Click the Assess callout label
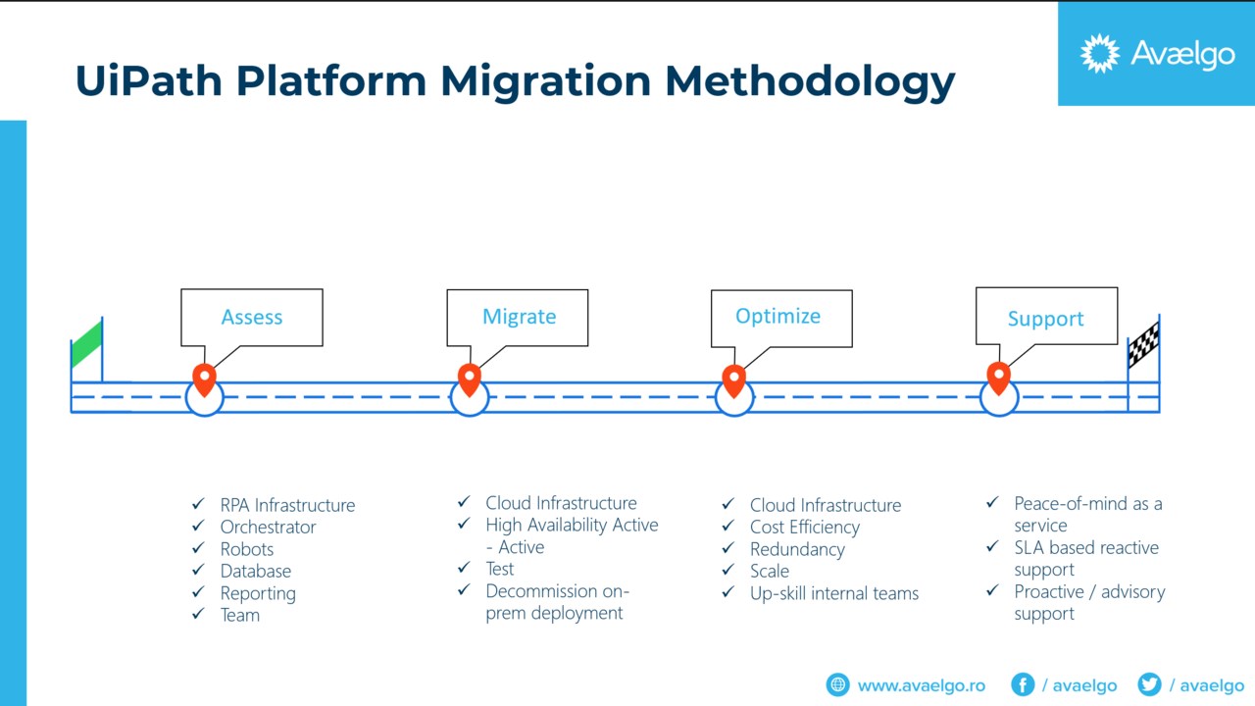(252, 318)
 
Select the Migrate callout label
(519, 317)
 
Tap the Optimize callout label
(778, 316)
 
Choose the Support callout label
(1045, 319)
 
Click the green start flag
(87, 343)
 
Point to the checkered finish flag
(1143, 344)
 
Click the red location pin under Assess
(204, 378)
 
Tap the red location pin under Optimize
(733, 378)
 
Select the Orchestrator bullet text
(268, 528)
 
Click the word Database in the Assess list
(255, 571)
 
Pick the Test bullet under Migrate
(500, 569)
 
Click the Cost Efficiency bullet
(804, 528)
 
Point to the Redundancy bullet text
(797, 549)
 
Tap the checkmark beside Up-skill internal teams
(728, 592)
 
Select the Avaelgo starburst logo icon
(1099, 53)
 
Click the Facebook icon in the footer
(1022, 684)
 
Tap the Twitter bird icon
(1149, 684)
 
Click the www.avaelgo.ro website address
(921, 685)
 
